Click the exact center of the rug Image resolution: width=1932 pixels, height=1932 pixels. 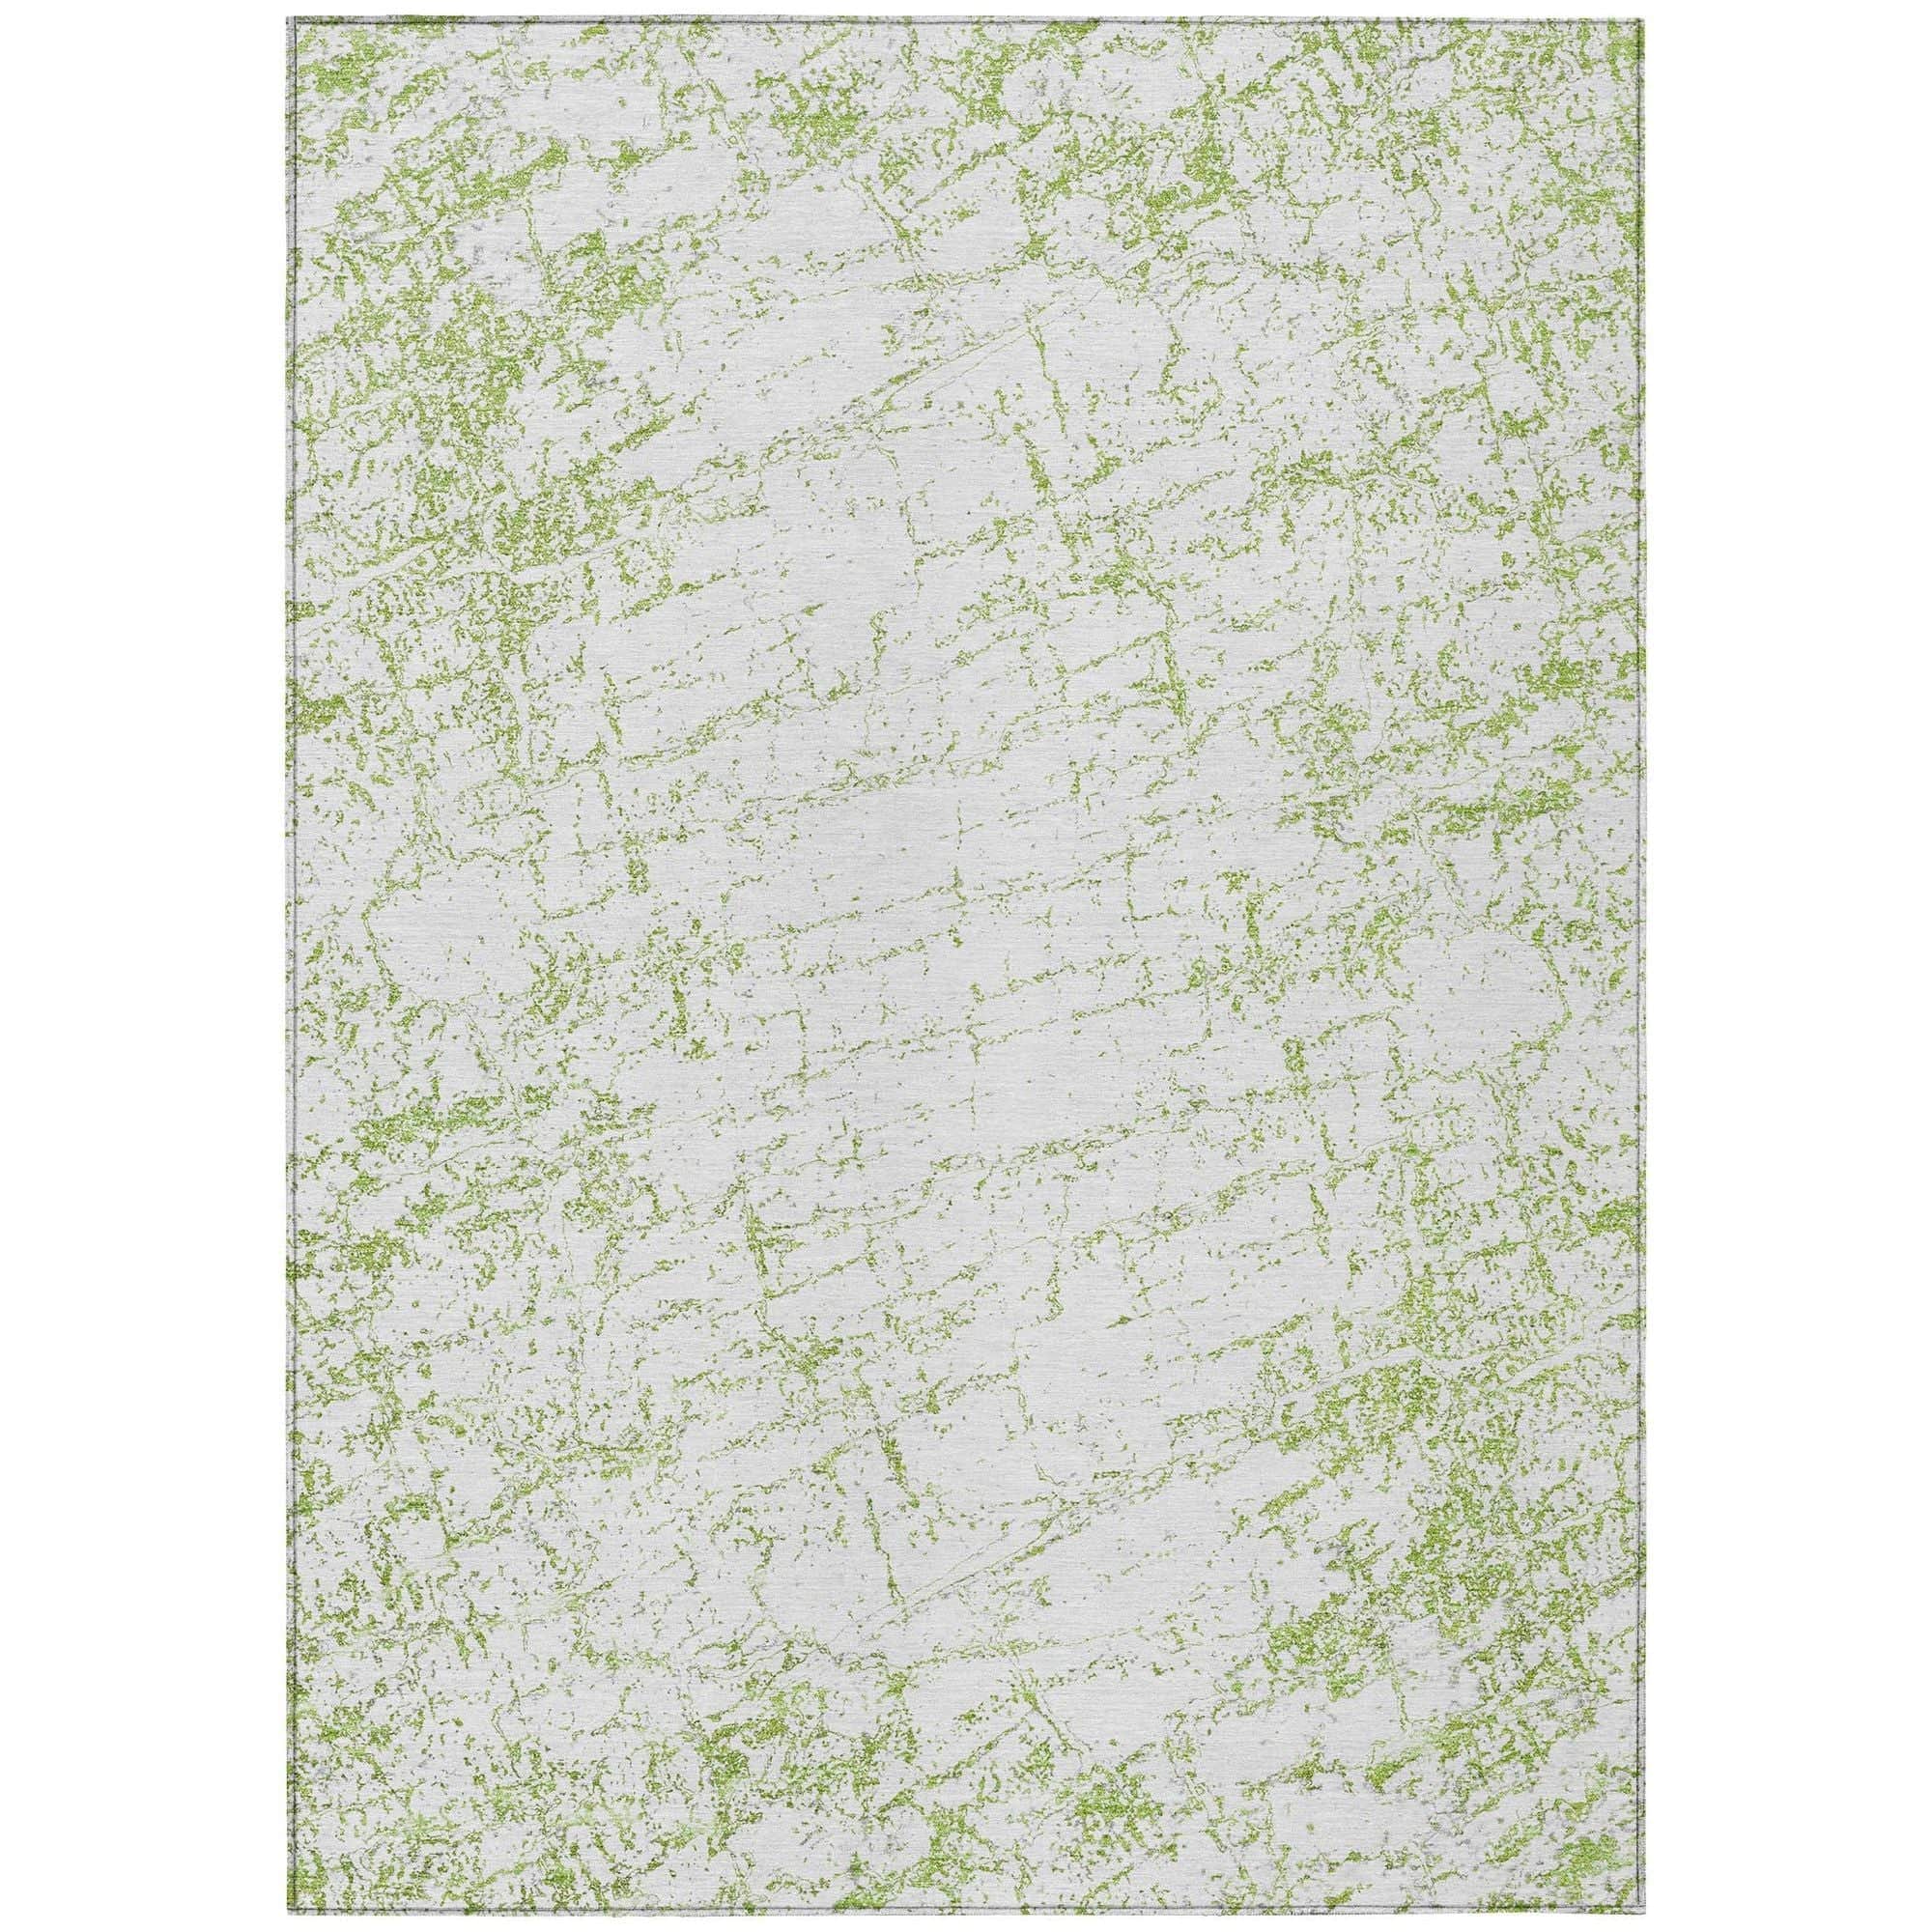click(x=965, y=966)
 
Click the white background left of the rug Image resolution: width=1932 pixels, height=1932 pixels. click(x=140, y=966)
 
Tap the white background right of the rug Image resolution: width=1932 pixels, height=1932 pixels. click(x=1790, y=966)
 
